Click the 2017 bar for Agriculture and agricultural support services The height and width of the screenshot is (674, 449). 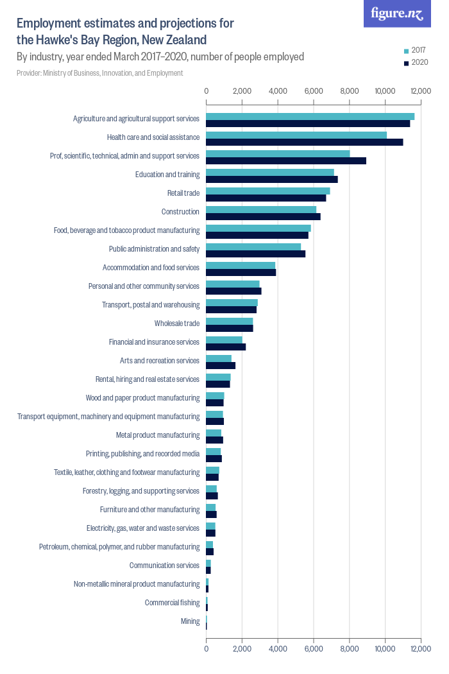(x=310, y=116)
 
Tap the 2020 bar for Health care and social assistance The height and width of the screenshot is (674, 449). (x=304, y=142)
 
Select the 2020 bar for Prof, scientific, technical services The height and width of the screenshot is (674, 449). (x=285, y=160)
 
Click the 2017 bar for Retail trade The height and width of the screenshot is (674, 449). (x=267, y=191)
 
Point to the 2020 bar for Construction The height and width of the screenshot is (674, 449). (x=263, y=216)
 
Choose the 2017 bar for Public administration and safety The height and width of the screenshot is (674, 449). (x=253, y=246)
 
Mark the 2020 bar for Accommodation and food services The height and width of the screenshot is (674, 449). (x=241, y=272)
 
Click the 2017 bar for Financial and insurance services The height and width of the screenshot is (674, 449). (x=224, y=340)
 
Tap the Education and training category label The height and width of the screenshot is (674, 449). (x=167, y=175)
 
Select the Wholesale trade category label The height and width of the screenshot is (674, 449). (x=177, y=324)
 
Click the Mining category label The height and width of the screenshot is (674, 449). (x=190, y=621)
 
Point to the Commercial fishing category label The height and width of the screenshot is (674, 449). (x=172, y=603)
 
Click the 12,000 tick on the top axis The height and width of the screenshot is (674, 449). (x=420, y=91)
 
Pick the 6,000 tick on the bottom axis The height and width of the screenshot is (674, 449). (x=313, y=649)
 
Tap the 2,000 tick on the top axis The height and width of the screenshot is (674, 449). (x=242, y=91)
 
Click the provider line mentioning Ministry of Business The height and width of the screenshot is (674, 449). (x=100, y=73)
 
